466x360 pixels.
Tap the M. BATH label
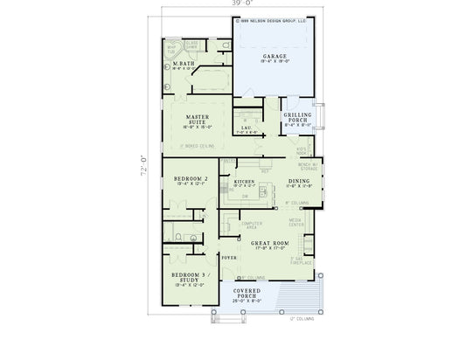183,64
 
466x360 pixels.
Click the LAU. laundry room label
247,128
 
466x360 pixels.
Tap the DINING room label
299,181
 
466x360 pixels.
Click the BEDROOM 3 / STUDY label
189,279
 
